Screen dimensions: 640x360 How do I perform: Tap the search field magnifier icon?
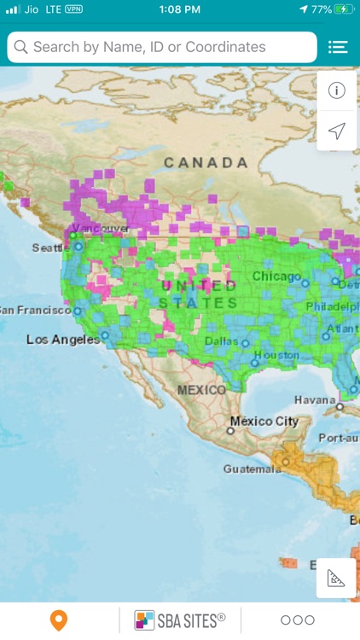[x=20, y=48]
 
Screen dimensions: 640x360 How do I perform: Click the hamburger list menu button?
[x=338, y=48]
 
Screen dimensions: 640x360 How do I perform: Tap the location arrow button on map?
[x=337, y=131]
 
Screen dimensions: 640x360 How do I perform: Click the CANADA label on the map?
[x=206, y=162]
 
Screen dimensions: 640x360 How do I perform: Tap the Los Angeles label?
[x=62, y=339]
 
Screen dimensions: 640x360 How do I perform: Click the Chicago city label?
[x=276, y=276]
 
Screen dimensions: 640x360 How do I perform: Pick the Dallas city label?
[x=222, y=340]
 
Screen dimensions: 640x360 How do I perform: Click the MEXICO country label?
[x=201, y=389]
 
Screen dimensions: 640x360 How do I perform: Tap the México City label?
[x=264, y=422]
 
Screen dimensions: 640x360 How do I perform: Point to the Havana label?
[x=315, y=399]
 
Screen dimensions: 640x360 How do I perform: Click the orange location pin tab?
[x=59, y=620]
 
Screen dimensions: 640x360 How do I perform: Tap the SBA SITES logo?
[x=180, y=620]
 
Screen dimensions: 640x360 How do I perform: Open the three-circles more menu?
[x=298, y=620]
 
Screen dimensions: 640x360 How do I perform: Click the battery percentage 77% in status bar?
[x=322, y=9]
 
